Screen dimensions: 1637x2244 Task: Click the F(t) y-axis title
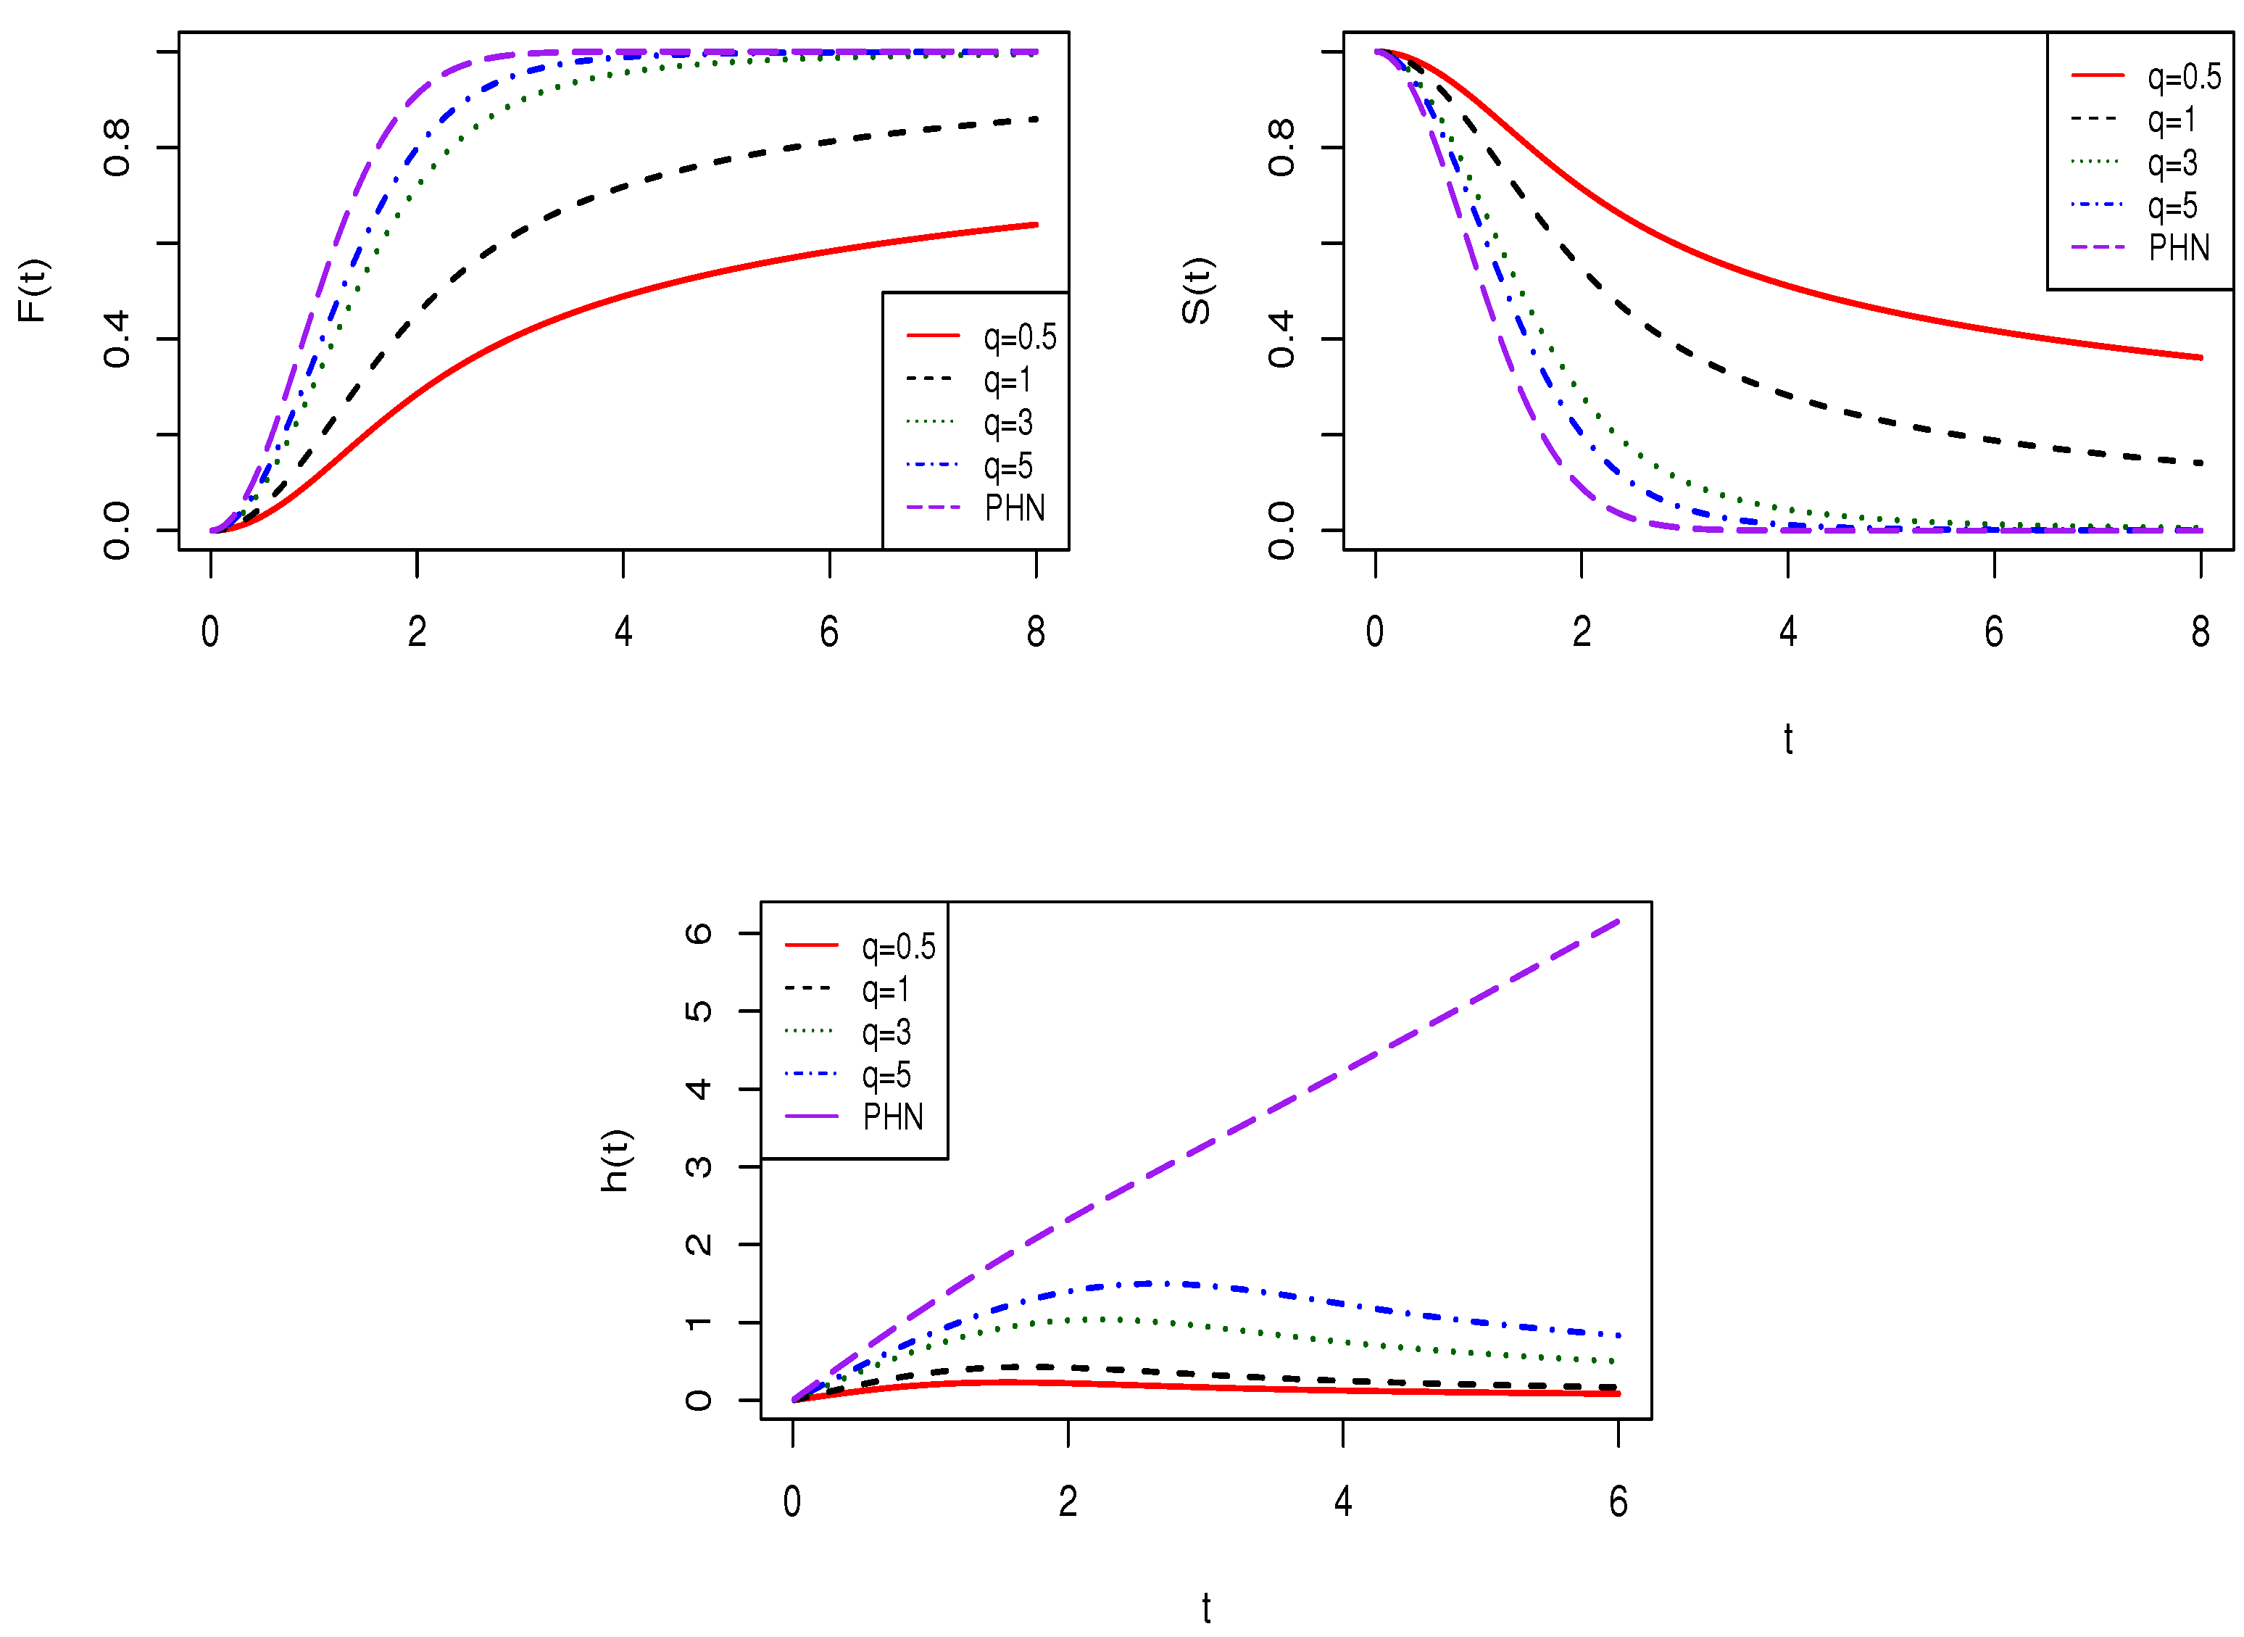33,290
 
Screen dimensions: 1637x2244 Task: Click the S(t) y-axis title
1196,290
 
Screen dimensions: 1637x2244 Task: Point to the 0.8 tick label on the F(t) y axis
117,149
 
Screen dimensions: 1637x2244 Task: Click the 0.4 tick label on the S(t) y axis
1281,339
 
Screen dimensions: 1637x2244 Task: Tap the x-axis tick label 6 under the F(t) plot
829,632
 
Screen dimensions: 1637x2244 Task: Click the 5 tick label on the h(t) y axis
699,1011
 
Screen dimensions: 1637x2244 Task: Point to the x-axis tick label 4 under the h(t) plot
1342,1502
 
